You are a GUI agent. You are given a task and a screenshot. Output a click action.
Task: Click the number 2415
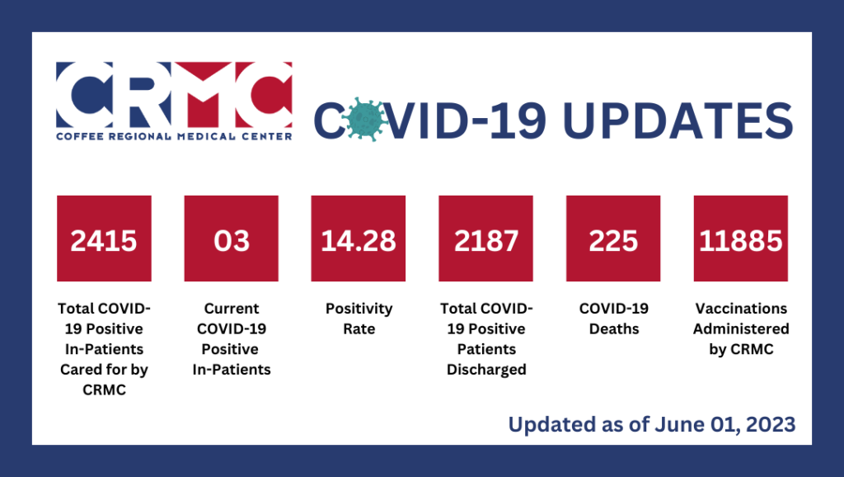pyautogui.click(x=103, y=240)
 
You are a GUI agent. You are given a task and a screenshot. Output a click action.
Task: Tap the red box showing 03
pyautogui.click(x=232, y=238)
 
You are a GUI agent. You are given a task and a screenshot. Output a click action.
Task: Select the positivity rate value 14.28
pyautogui.click(x=359, y=240)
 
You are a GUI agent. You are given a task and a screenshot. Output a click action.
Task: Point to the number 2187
pyautogui.click(x=486, y=240)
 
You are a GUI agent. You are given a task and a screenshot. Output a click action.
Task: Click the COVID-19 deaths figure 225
pyautogui.click(x=613, y=240)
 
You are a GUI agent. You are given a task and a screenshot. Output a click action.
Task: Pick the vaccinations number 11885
pyautogui.click(x=741, y=240)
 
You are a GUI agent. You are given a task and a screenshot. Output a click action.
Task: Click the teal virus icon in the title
pyautogui.click(x=364, y=120)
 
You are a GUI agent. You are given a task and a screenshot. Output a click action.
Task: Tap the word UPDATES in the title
pyautogui.click(x=678, y=120)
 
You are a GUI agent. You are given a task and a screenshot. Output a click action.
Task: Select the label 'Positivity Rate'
pyautogui.click(x=359, y=319)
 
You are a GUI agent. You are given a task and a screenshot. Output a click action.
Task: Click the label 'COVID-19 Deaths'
pyautogui.click(x=613, y=319)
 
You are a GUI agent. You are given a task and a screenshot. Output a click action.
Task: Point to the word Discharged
pyautogui.click(x=486, y=370)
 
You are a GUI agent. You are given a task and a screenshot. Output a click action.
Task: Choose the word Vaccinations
pyautogui.click(x=741, y=309)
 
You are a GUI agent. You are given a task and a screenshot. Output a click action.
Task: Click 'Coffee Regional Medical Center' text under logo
pyautogui.click(x=174, y=137)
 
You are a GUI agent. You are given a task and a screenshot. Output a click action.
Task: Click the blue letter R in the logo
pyautogui.click(x=142, y=94)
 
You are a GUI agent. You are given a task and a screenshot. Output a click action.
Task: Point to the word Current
pyautogui.click(x=232, y=309)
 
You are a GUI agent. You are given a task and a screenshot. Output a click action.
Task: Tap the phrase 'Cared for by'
pyautogui.click(x=104, y=370)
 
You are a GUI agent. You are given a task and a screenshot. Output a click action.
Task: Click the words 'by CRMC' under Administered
pyautogui.click(x=741, y=349)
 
